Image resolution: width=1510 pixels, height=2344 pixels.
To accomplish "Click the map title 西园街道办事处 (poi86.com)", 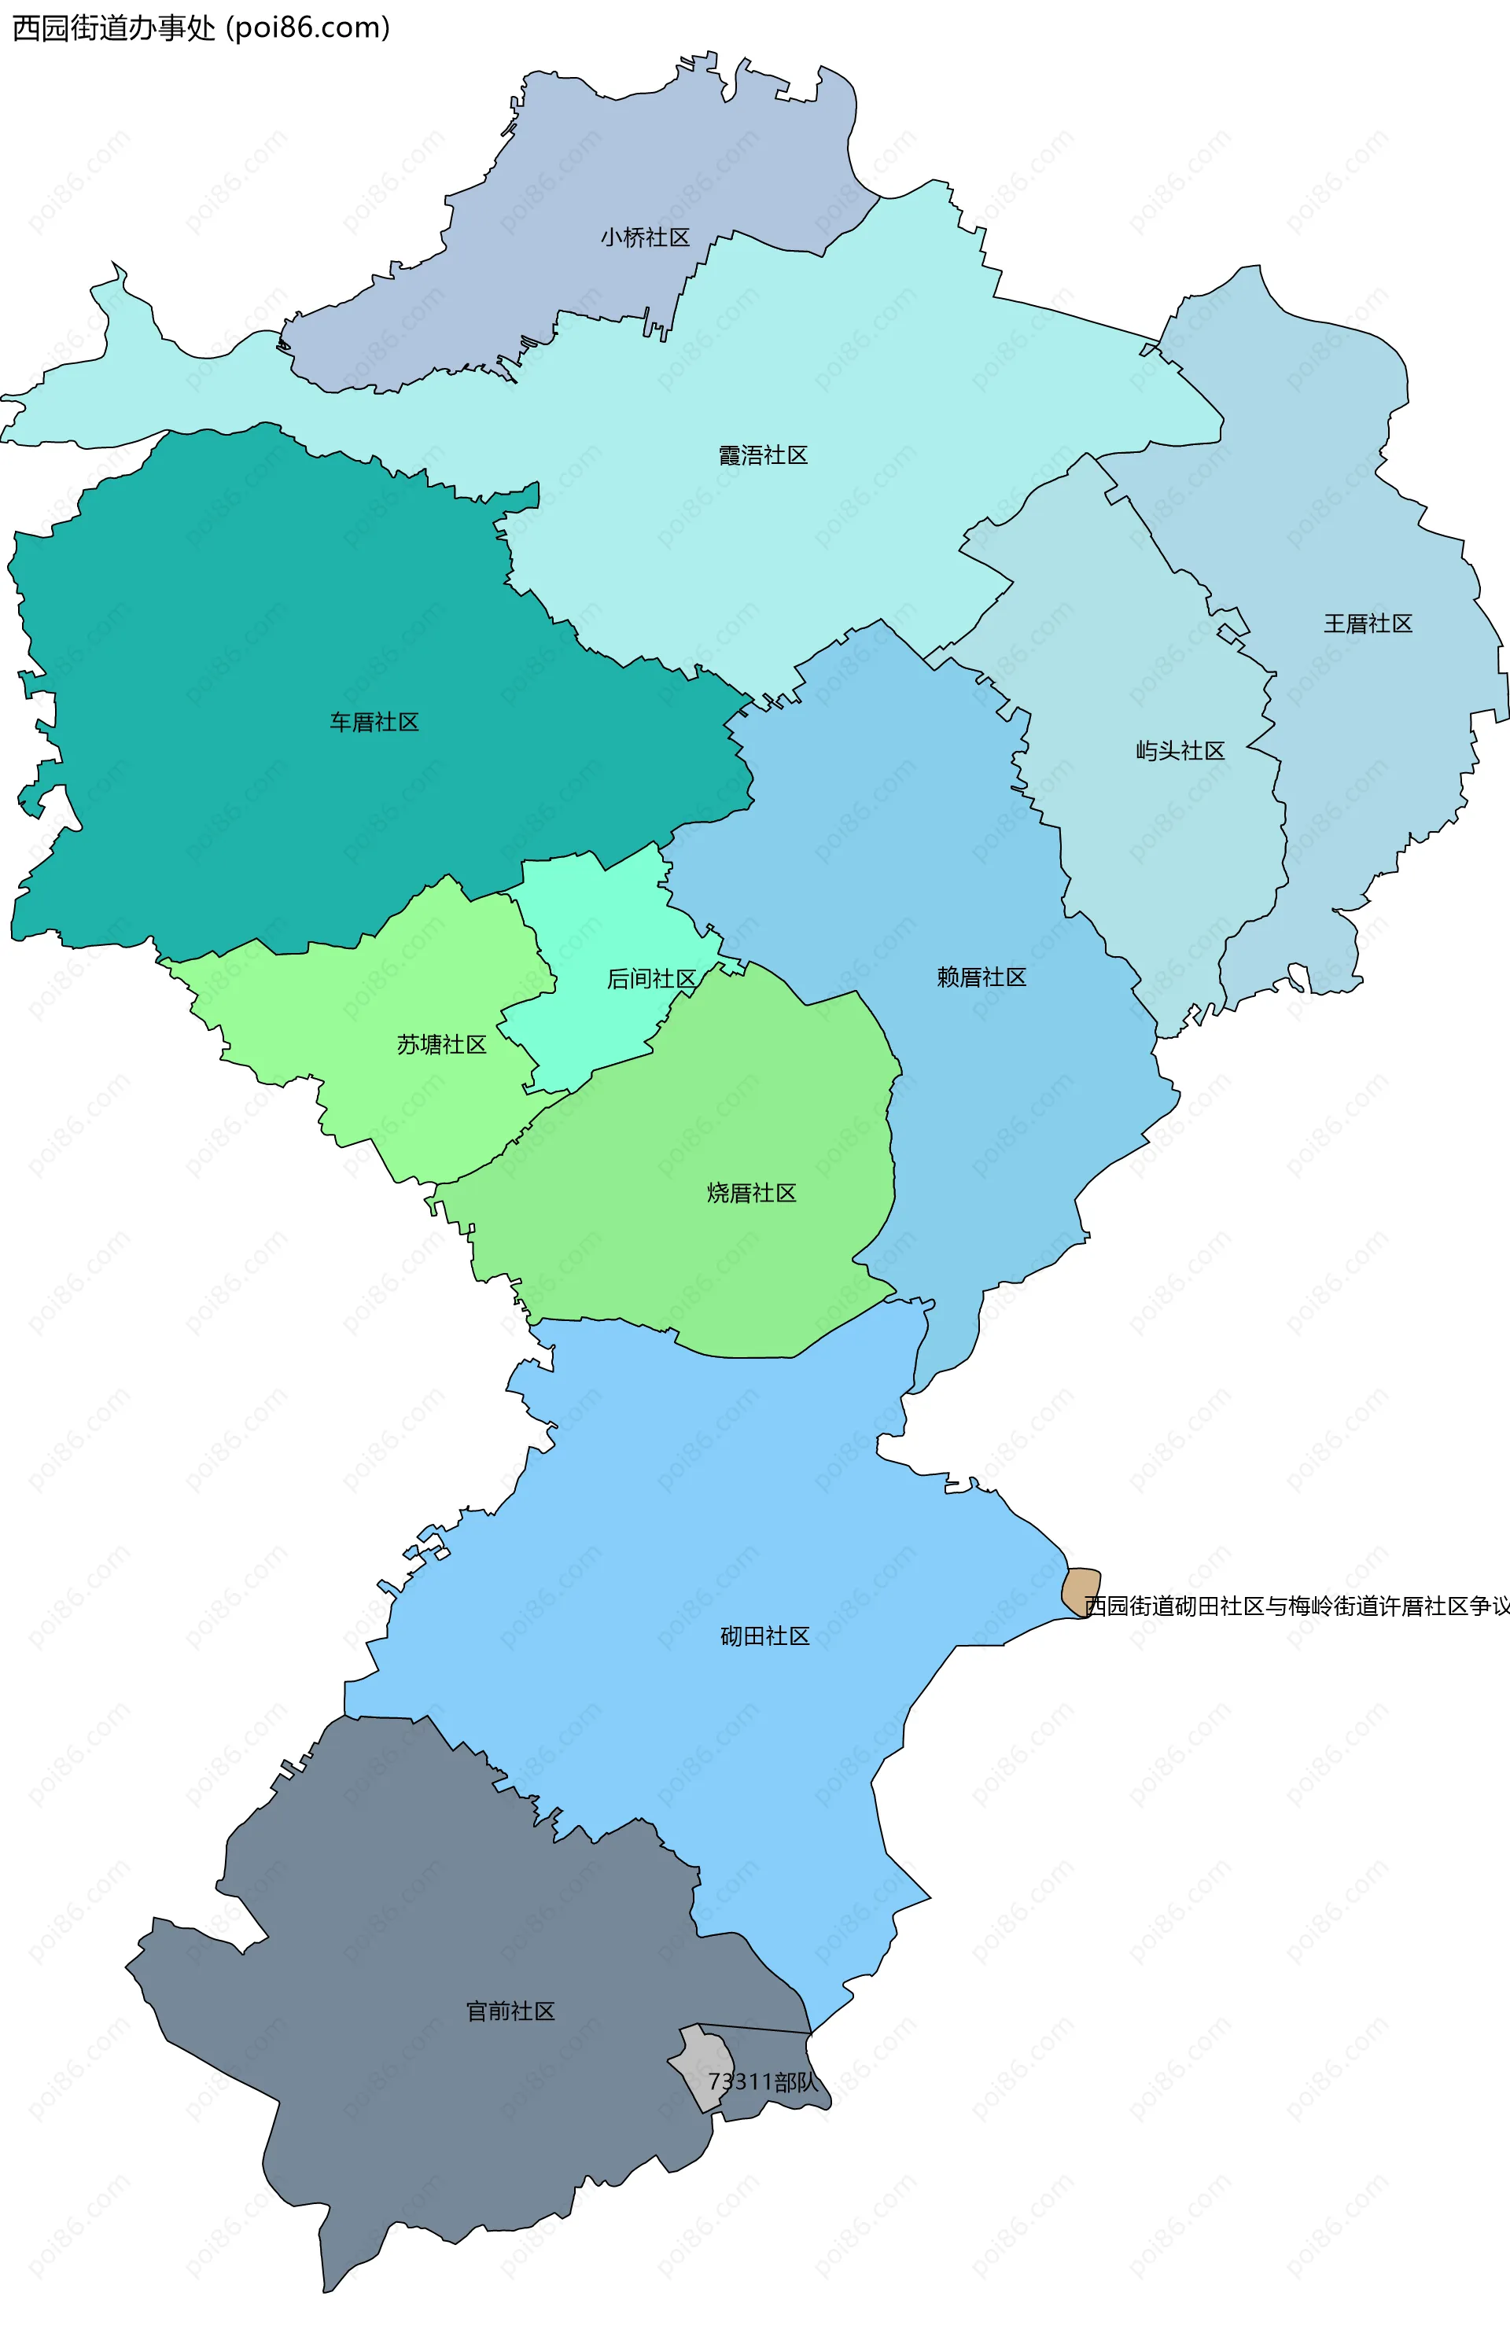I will (201, 28).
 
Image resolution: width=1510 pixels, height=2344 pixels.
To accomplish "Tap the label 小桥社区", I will (645, 237).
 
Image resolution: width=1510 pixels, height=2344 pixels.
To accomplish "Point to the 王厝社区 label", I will (1368, 624).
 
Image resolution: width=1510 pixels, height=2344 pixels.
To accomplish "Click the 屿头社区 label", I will (1180, 751).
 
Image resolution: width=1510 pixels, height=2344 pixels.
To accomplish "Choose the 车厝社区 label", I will (374, 723).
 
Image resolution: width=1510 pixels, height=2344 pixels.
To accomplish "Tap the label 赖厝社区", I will (981, 977).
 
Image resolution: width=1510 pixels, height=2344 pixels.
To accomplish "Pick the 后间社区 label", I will (651, 978).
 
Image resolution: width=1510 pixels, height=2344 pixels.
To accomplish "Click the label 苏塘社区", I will (441, 1045).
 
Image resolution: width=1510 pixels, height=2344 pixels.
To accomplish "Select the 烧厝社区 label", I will (751, 1193).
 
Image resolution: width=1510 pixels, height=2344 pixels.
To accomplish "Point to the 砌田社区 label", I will (764, 1636).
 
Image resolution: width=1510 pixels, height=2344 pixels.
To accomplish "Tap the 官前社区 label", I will (510, 2011).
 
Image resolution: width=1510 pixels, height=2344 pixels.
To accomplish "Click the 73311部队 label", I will (763, 2081).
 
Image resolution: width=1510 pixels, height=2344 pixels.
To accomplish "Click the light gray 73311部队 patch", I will (699, 2059).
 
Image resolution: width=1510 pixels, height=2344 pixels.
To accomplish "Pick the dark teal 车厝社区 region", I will (245, 637).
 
